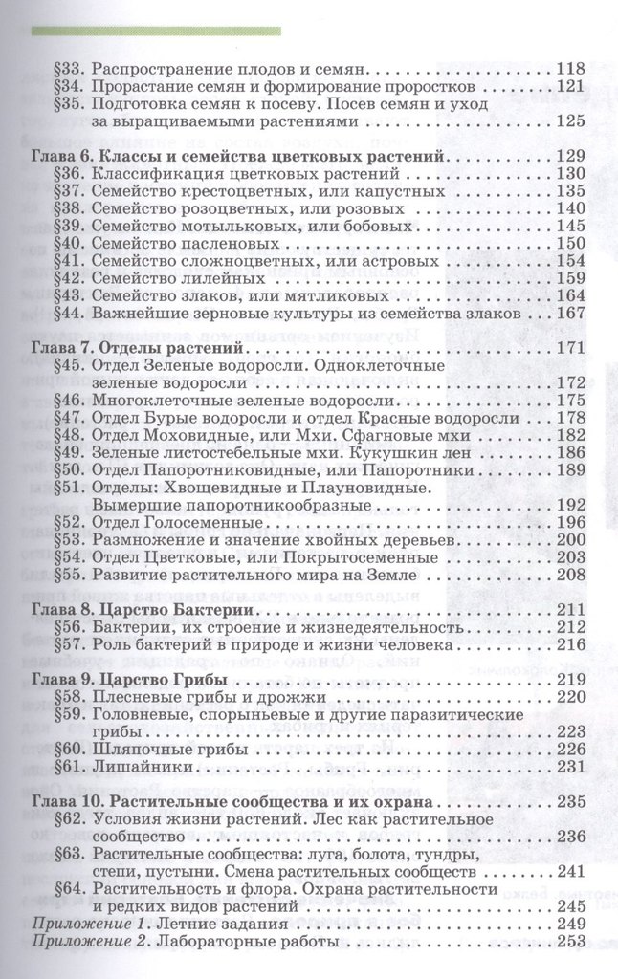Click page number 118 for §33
pos(569,69)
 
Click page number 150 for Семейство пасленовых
pos(569,243)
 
